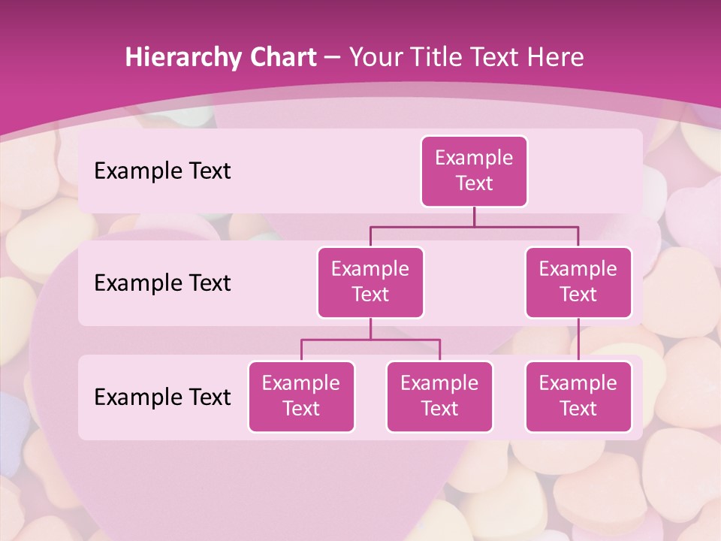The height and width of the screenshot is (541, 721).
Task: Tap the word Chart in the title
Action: pyautogui.click(x=279, y=58)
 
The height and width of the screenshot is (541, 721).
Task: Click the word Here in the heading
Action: pyautogui.click(x=555, y=58)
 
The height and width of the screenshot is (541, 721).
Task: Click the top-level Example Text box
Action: pyautogui.click(x=474, y=171)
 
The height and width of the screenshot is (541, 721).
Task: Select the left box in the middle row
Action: pyautogui.click(x=370, y=282)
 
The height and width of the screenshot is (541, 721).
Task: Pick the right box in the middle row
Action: pyautogui.click(x=578, y=282)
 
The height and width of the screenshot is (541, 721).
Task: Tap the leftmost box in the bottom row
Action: pyautogui.click(x=301, y=396)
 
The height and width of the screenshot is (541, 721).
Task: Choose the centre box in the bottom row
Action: pyautogui.click(x=439, y=396)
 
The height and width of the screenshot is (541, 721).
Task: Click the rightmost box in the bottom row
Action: pyautogui.click(x=578, y=396)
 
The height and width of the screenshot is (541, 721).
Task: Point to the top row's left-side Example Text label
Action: pyautogui.click(x=162, y=171)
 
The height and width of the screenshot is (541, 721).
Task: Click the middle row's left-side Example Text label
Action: pyautogui.click(x=162, y=283)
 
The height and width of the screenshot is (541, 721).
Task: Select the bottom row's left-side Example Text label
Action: pyautogui.click(x=162, y=397)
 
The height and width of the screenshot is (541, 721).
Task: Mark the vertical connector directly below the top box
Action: pyautogui.click(x=474, y=216)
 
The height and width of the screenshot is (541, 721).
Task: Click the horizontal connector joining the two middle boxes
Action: pyautogui.click(x=474, y=226)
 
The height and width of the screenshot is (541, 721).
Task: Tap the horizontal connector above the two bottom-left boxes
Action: pyautogui.click(x=370, y=340)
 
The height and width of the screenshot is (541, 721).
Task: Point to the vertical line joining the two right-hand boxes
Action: pyautogui.click(x=578, y=340)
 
